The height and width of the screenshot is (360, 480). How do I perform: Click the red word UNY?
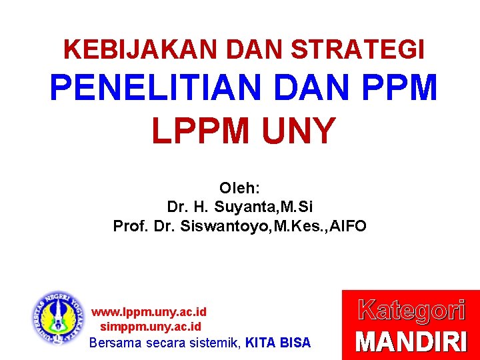click(297, 131)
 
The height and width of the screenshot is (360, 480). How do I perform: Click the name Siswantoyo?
click(233, 226)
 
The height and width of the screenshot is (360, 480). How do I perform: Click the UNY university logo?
click(59, 318)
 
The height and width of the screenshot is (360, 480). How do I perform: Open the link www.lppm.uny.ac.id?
click(149, 312)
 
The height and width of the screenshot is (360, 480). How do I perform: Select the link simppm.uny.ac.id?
click(150, 327)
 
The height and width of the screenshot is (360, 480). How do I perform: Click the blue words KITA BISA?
click(278, 343)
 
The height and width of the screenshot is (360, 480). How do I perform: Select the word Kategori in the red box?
click(411, 311)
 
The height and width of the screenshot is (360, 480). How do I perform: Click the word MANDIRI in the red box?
click(411, 342)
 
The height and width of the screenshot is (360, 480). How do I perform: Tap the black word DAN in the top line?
click(255, 49)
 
